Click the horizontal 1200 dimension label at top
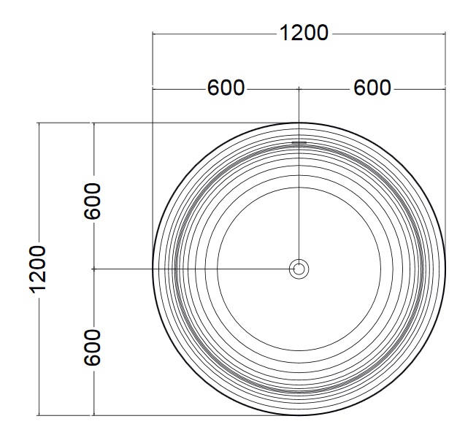point(304,33)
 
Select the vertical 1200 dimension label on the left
point(38,269)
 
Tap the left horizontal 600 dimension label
point(226,88)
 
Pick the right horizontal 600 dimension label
point(372,88)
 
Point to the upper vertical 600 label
point(92,201)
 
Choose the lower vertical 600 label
point(92,347)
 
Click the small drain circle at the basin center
point(299,269)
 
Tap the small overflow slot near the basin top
point(299,142)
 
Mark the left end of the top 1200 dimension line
point(153,34)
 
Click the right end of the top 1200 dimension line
point(445,34)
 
